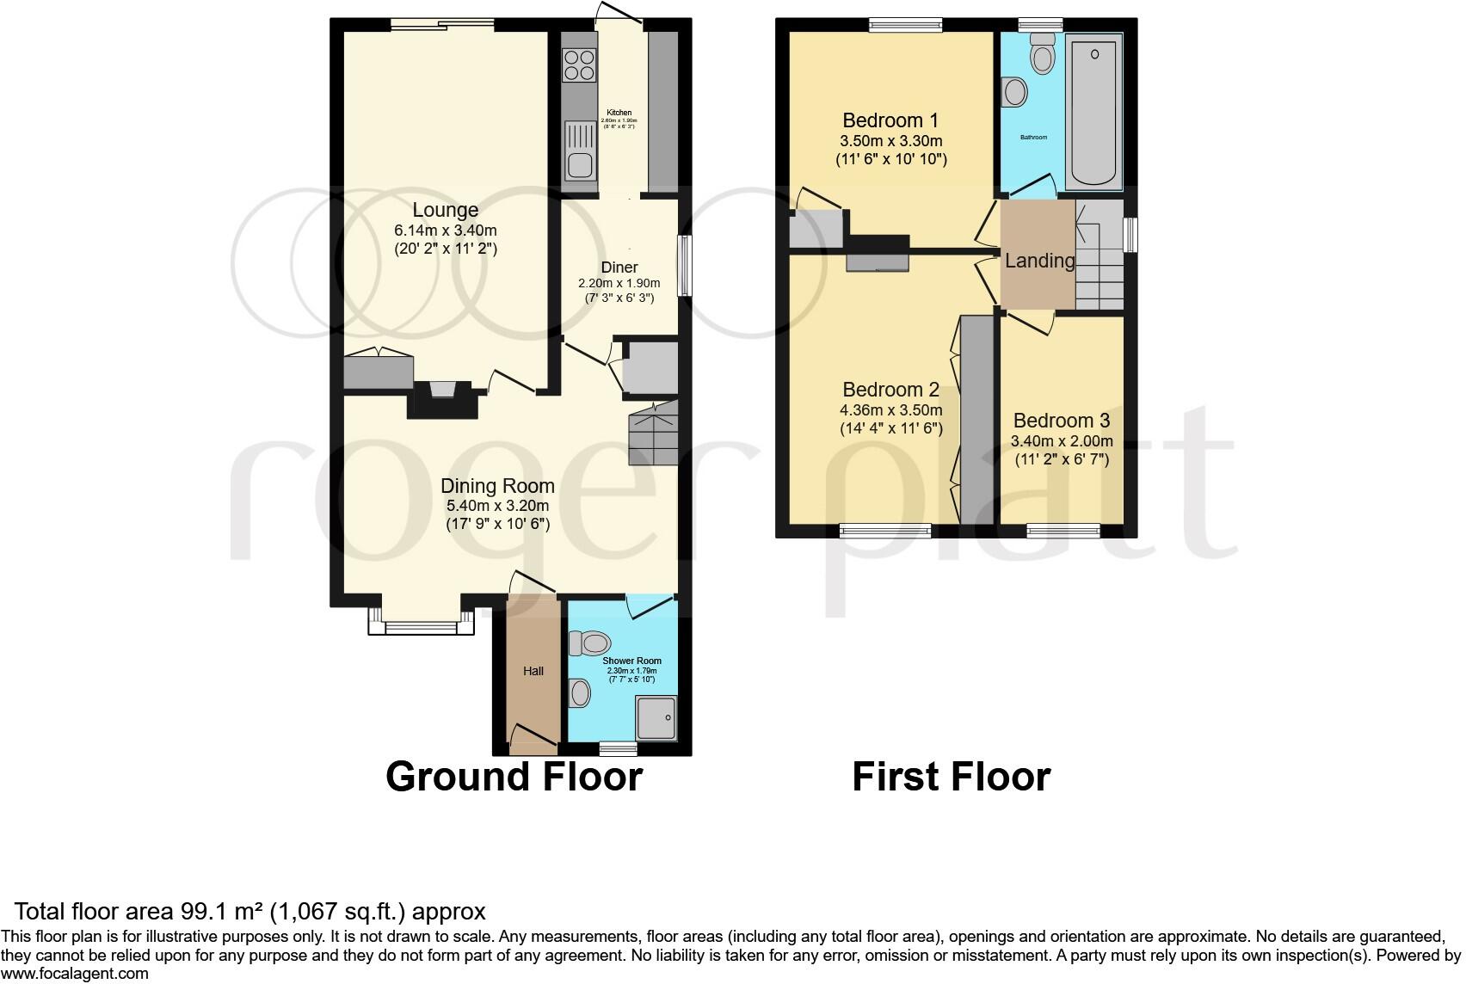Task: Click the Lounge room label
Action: click(x=445, y=210)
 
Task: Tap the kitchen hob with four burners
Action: click(x=579, y=66)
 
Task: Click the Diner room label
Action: click(x=619, y=268)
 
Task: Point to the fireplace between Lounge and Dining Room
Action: click(x=442, y=399)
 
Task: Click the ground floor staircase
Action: click(x=653, y=435)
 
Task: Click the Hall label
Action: click(x=533, y=671)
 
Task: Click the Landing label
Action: click(x=1040, y=261)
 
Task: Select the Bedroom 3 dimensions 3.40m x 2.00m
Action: click(x=1062, y=441)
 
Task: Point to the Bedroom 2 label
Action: click(x=890, y=390)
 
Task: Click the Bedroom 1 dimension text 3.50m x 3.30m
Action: click(x=890, y=141)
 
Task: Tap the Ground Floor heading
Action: click(x=514, y=776)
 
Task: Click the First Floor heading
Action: click(x=951, y=776)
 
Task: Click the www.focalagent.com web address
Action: click(x=75, y=974)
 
